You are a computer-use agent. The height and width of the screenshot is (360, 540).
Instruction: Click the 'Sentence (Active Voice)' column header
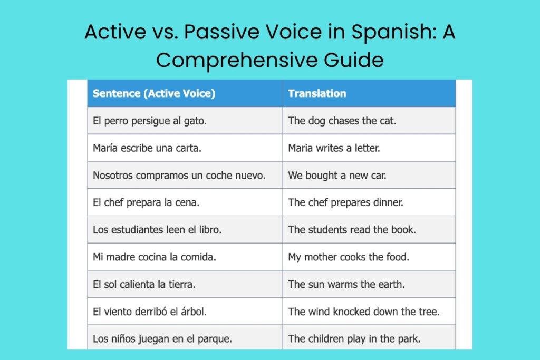pos(154,94)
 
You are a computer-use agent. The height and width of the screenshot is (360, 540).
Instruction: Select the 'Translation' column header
pos(317,94)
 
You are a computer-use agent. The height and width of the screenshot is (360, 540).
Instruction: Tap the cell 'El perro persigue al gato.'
pos(150,121)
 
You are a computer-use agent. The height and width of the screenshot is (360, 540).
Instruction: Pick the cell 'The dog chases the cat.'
pos(342,121)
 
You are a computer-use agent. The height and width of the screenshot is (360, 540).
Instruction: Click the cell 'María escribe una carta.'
pos(147,148)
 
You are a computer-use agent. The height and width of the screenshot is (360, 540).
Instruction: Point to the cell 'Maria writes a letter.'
pos(334,148)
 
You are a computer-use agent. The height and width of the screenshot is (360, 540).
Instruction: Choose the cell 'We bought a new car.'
pos(337,176)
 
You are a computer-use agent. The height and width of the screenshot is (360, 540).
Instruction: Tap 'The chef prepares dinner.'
pos(345,202)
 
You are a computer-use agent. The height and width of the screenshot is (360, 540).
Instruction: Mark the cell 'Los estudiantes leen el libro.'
pos(157,230)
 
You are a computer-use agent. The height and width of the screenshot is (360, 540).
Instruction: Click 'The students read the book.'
pos(352,230)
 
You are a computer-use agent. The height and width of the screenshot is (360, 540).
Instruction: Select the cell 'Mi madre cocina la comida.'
pos(155,257)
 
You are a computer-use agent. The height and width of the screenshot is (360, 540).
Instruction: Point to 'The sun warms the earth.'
pos(346,284)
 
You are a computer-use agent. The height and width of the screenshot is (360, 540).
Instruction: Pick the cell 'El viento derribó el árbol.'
pos(150,312)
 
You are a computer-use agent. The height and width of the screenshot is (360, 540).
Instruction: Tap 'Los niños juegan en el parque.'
pos(162,339)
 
